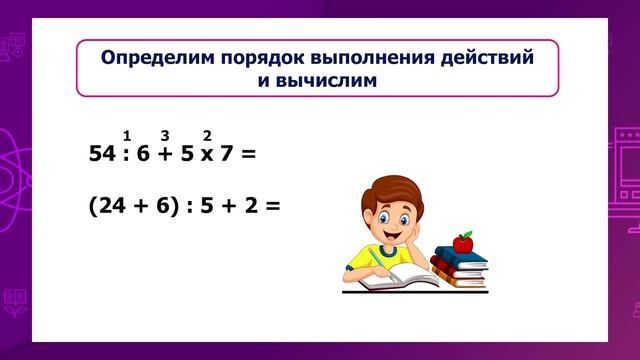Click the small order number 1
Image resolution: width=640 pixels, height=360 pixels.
tap(127, 135)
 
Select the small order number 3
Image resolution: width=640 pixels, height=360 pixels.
tap(165, 135)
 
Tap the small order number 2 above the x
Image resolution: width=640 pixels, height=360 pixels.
tap(207, 135)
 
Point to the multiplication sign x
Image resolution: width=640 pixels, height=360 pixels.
tap(207, 155)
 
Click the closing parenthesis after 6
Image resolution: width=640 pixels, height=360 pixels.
tap(176, 205)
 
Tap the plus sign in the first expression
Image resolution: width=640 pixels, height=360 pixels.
tap(166, 155)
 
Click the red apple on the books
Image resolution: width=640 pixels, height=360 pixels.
tap(462, 241)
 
